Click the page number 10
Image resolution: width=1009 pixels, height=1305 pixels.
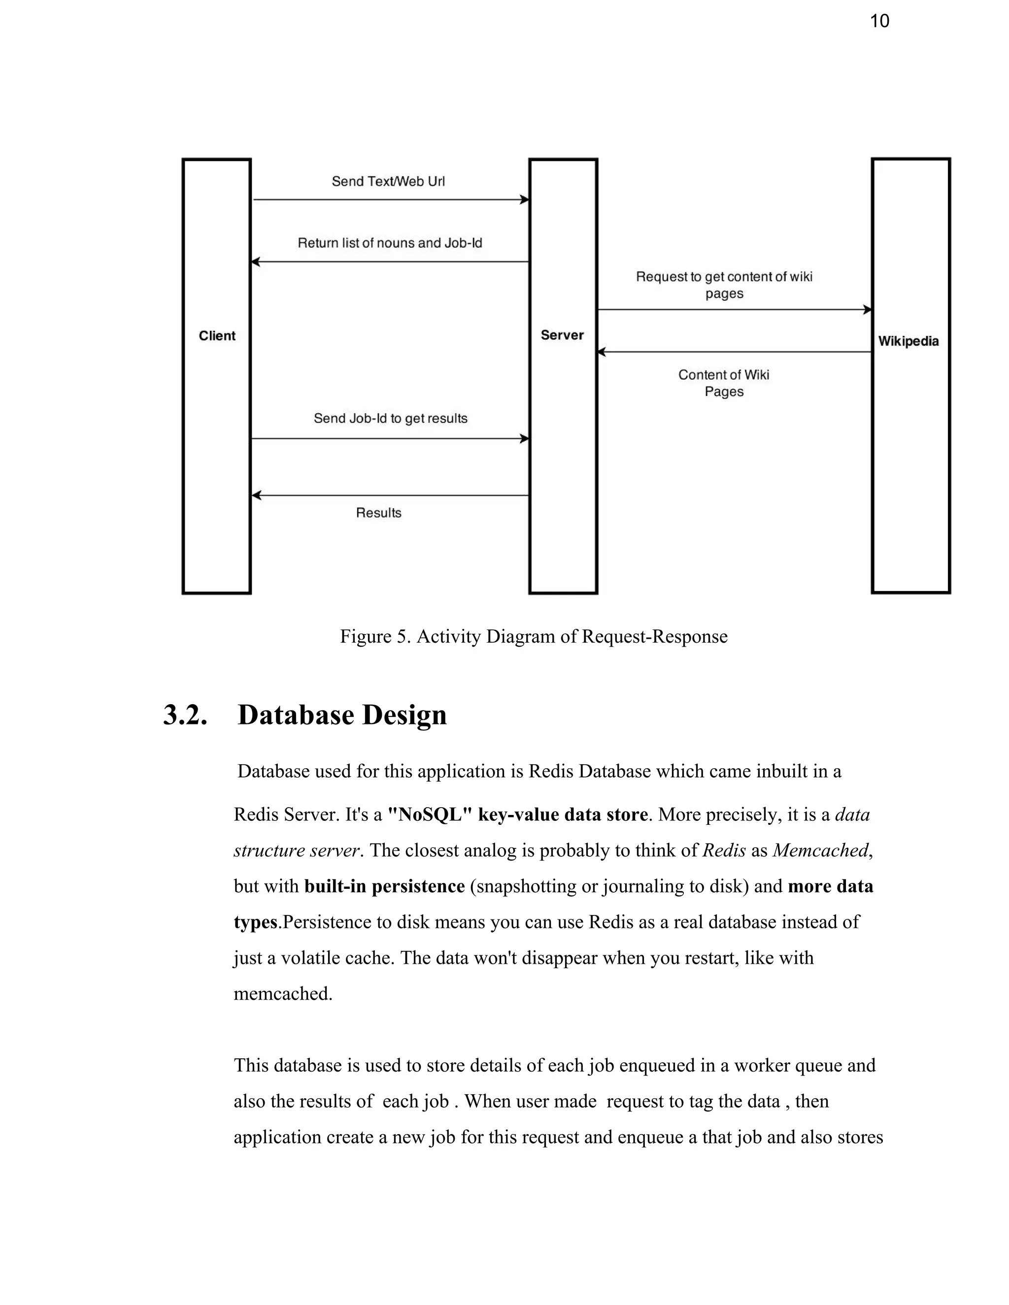pyautogui.click(x=879, y=22)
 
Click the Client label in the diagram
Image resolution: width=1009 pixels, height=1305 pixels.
pyautogui.click(x=217, y=336)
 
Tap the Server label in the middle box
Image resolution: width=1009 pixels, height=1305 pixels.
pyautogui.click(x=562, y=335)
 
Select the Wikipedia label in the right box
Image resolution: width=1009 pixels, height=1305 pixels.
pyautogui.click(x=908, y=341)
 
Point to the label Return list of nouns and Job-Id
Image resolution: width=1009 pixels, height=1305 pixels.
pyautogui.click(x=390, y=243)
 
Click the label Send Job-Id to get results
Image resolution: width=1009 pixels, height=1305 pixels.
pyautogui.click(x=390, y=418)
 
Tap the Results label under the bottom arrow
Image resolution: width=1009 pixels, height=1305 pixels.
pyautogui.click(x=378, y=513)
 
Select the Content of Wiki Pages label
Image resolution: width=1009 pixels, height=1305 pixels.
pyautogui.click(x=724, y=383)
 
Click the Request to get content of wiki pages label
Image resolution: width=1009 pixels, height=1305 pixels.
pyautogui.click(x=724, y=285)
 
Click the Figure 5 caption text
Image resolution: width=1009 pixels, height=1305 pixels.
pyautogui.click(x=533, y=636)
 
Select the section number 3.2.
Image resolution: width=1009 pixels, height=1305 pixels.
pyautogui.click(x=185, y=715)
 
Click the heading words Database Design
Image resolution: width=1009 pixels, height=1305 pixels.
pyautogui.click(x=342, y=715)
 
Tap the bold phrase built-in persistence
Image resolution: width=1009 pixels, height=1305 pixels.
pyautogui.click(x=384, y=886)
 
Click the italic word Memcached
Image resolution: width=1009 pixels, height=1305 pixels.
pyautogui.click(x=820, y=850)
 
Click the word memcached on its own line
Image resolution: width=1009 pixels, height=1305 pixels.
pyautogui.click(x=282, y=994)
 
